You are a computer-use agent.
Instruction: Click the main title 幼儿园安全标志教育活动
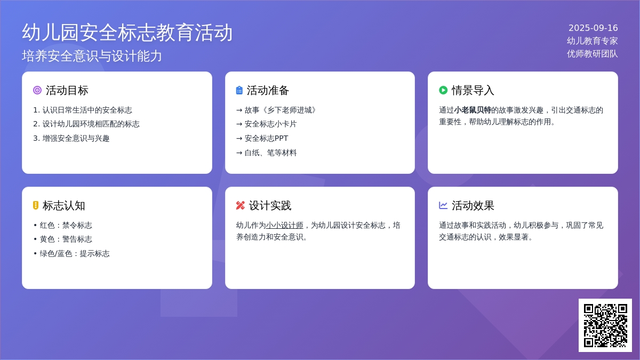click(127, 33)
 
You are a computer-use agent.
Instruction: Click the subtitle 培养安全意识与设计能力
click(92, 55)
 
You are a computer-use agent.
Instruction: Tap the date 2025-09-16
click(593, 28)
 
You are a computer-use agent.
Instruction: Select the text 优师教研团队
click(593, 54)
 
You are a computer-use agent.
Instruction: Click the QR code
click(605, 325)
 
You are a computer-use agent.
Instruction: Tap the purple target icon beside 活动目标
click(37, 90)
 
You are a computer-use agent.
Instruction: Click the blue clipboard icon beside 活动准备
click(239, 90)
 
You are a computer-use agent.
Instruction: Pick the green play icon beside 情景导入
click(443, 90)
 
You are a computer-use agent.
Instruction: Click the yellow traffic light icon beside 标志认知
click(36, 205)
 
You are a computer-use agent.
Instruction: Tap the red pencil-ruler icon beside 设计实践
click(241, 205)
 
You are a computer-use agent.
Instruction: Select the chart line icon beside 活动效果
click(443, 205)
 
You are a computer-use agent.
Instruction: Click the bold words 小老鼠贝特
click(473, 110)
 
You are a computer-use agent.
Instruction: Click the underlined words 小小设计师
click(285, 225)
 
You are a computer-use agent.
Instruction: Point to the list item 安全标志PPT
click(262, 138)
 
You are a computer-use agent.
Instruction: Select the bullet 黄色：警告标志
click(63, 239)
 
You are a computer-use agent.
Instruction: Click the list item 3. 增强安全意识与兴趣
click(71, 138)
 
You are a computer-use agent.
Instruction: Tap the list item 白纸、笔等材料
click(267, 153)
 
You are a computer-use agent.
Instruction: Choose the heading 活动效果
click(473, 205)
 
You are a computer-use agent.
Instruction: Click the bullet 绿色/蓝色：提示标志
click(71, 253)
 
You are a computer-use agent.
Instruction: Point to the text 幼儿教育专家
click(593, 41)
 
